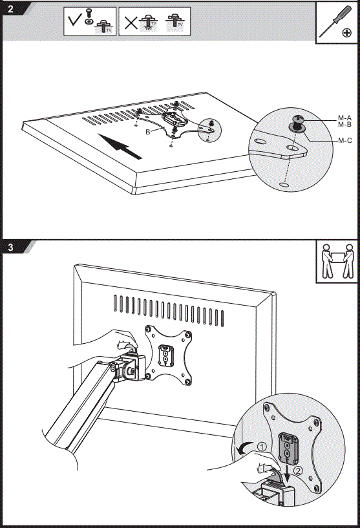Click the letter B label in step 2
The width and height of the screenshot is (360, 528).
point(148,131)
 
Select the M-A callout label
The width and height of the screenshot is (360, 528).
point(344,118)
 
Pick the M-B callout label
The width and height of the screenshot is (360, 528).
point(344,125)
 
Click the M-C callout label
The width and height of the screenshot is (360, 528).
point(344,140)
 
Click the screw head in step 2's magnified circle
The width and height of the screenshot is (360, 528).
point(298,120)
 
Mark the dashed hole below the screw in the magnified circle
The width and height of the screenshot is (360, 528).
point(284,185)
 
